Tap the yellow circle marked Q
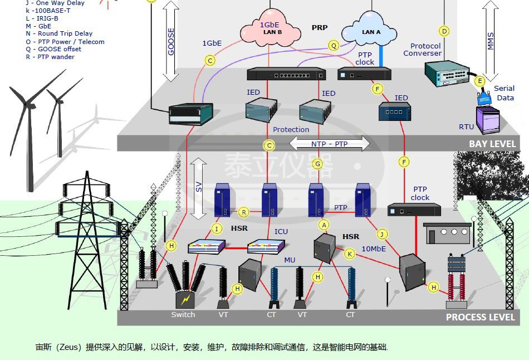pyautogui.click(x=334, y=46)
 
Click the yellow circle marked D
pyautogui.click(x=444, y=31)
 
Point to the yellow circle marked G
pyautogui.click(x=317, y=164)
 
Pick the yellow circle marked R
pyautogui.click(x=243, y=212)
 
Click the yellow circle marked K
pyautogui.click(x=350, y=254)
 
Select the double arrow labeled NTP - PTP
pyautogui.click(x=330, y=144)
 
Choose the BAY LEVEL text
pyautogui.click(x=492, y=144)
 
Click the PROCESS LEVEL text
pyautogui.click(x=480, y=317)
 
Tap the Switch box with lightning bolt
pyautogui.click(x=184, y=300)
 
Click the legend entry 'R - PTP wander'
pyautogui.click(x=50, y=57)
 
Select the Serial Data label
pyautogui.click(x=504, y=93)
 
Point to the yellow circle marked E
pyautogui.click(x=479, y=81)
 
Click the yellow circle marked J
pyautogui.click(x=382, y=233)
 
